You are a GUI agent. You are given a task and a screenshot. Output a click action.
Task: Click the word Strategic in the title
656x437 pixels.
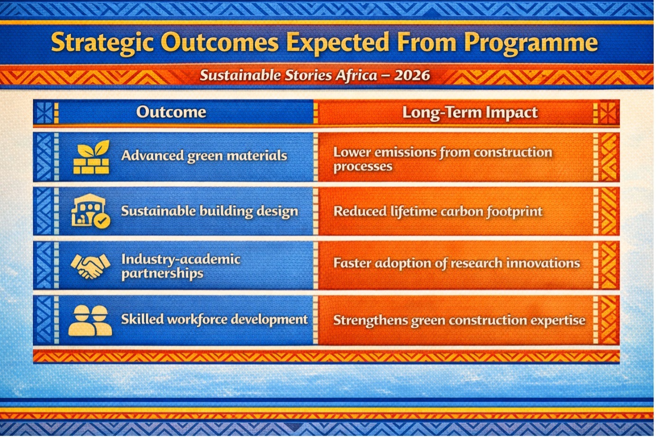click(x=102, y=43)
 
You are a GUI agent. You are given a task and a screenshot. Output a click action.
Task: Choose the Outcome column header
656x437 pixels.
click(x=171, y=112)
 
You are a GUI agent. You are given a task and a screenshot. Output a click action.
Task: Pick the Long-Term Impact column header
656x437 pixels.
click(x=470, y=112)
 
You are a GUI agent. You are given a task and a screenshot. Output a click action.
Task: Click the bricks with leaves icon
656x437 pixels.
click(x=91, y=157)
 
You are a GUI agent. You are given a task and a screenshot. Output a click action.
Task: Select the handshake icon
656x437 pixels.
click(x=91, y=265)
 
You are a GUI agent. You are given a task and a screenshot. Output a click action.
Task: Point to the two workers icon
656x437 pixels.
click(x=90, y=320)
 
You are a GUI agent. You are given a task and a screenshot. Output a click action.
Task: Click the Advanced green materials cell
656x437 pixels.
click(x=204, y=156)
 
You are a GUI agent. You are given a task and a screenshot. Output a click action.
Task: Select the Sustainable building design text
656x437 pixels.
click(x=210, y=211)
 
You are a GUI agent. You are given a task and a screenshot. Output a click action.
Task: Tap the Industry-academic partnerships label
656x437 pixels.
click(x=181, y=266)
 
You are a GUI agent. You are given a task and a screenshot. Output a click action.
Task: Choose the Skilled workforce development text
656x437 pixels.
click(x=214, y=319)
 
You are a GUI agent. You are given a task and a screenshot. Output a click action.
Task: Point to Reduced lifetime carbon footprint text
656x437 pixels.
click(x=438, y=211)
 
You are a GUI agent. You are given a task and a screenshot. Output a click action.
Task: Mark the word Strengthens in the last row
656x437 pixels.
click(x=371, y=320)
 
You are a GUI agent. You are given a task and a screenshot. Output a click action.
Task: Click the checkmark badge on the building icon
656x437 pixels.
click(x=102, y=221)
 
